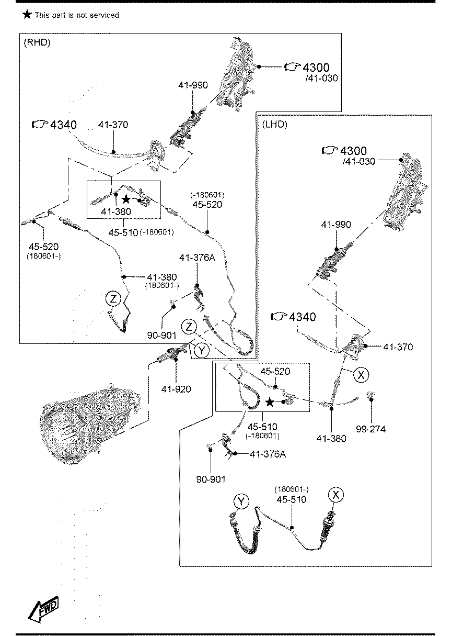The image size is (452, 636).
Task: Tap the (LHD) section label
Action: click(x=274, y=124)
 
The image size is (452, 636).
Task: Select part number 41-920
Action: click(x=176, y=389)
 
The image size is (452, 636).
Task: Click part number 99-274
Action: click(x=372, y=429)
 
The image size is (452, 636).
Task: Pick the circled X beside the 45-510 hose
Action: click(x=336, y=494)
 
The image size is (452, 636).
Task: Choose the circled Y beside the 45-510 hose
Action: click(x=241, y=501)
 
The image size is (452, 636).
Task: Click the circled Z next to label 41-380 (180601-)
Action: click(x=113, y=299)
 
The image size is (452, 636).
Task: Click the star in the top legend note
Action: click(x=27, y=15)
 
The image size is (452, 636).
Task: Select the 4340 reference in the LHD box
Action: click(x=302, y=317)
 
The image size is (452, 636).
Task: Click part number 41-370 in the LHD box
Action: click(x=398, y=347)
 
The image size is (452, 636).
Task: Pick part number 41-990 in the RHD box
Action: click(x=193, y=85)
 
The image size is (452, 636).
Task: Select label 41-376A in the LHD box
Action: click(x=268, y=454)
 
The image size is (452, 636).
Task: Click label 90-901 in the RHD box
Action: click(x=161, y=335)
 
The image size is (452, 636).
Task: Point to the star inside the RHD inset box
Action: click(x=126, y=199)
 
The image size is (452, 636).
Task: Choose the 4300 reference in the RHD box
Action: click(x=316, y=68)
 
